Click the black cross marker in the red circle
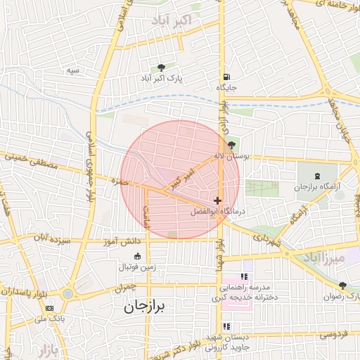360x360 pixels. (218, 200)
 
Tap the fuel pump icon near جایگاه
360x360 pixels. (226, 77)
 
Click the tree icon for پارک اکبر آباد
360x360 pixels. (162, 68)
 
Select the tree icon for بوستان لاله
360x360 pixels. (231, 145)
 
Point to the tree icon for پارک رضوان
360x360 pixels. (342, 285)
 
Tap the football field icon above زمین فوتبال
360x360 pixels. (137, 255)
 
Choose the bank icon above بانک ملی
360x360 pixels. (49, 308)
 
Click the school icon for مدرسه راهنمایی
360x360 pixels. (244, 277)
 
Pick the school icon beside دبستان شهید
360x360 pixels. (226, 326)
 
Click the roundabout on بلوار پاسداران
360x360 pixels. (67, 293)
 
